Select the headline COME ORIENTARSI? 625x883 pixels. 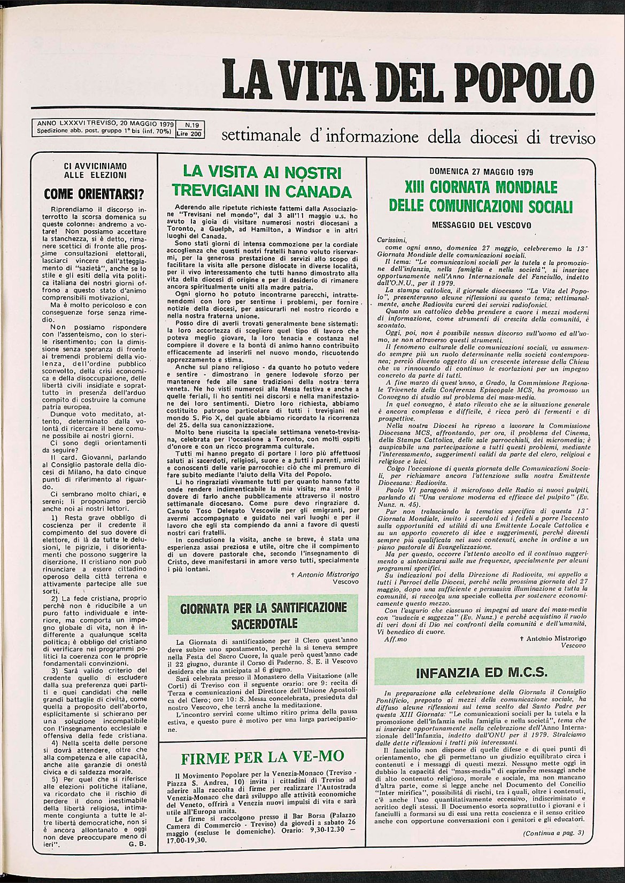(95, 193)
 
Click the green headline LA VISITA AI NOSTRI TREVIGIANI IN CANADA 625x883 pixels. (262, 182)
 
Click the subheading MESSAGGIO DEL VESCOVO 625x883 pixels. (481, 225)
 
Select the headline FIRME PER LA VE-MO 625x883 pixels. (262, 757)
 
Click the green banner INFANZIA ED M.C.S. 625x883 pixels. (481, 673)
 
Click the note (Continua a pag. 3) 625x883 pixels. (553, 833)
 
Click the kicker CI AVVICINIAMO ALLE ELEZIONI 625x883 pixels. (95, 170)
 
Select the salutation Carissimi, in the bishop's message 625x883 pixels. (391, 240)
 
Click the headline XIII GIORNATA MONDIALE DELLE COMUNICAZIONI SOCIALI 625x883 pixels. (481, 196)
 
